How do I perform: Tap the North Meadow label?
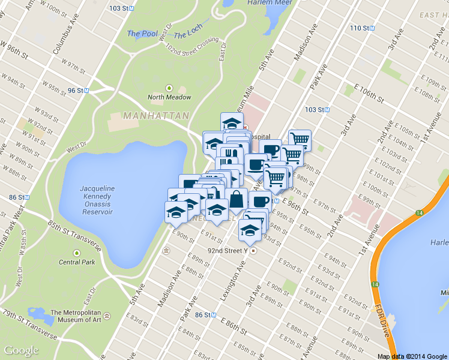pos(170,97)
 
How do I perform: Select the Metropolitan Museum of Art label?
pos(80,316)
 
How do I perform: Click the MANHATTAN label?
pos(156,115)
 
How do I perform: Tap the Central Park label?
pos(77,262)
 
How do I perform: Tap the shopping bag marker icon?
pos(237,199)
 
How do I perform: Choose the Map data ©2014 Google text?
pos(412,356)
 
